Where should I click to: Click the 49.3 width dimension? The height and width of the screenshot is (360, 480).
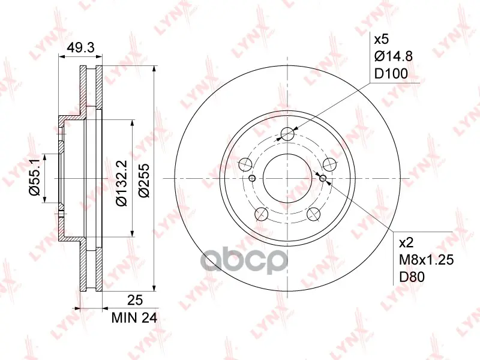pos(81,48)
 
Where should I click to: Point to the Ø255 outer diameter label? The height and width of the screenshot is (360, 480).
pos(144,181)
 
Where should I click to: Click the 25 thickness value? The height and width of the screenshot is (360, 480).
pos(135,300)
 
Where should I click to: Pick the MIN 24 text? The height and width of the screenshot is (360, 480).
pos(134,319)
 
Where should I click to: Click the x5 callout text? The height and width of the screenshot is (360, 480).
pos(382,40)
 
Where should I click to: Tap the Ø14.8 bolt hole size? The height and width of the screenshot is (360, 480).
pos(394,56)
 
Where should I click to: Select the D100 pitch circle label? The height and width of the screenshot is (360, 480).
pos(391,74)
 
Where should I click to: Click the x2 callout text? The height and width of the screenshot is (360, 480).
pos(407,243)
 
